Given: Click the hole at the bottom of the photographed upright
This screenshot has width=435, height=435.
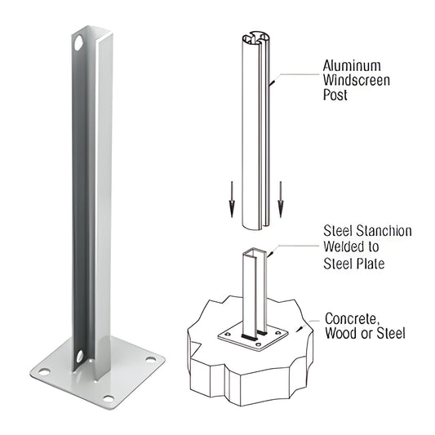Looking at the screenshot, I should pos(80,356).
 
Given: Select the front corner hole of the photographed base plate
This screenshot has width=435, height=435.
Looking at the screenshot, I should pos(108,399).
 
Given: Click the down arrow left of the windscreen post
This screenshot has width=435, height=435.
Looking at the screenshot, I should pos(231,203).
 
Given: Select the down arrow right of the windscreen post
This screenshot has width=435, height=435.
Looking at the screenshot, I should pos(280,203).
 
